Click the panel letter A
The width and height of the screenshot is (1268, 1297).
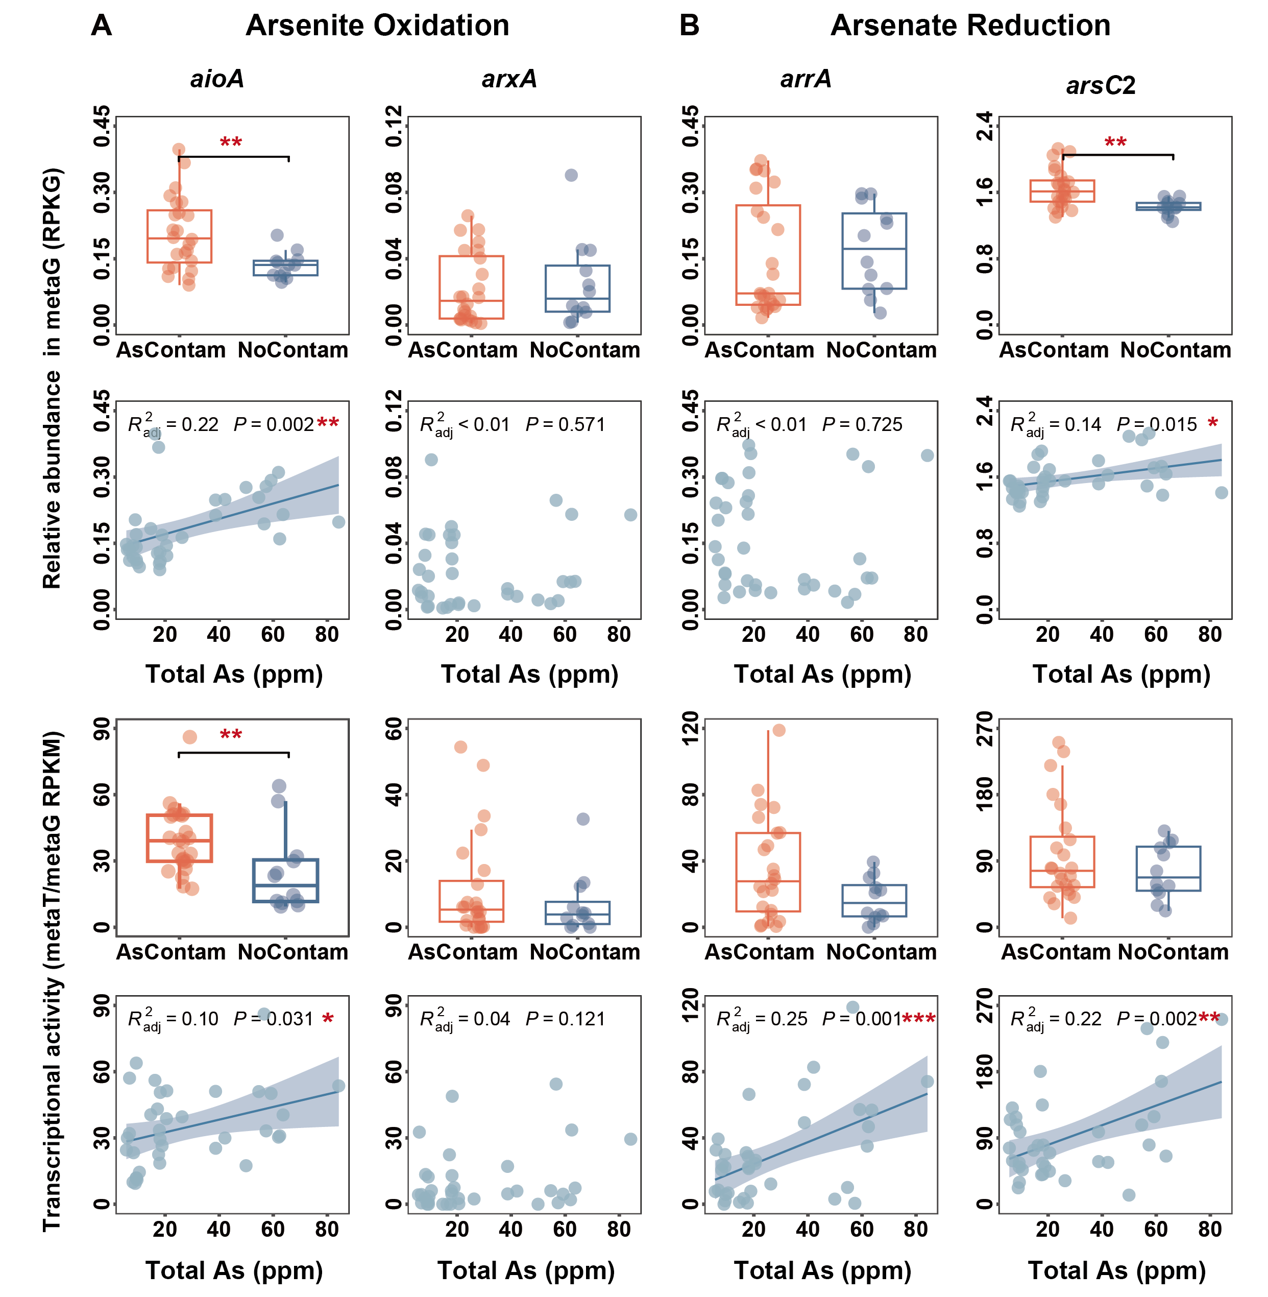pyautogui.click(x=101, y=26)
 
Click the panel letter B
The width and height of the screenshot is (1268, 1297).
pyautogui.click(x=689, y=26)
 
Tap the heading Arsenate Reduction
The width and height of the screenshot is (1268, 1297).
pyautogui.click(x=970, y=26)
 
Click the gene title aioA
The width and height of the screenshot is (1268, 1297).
pyautogui.click(x=217, y=79)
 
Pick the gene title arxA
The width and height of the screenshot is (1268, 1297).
pyautogui.click(x=509, y=79)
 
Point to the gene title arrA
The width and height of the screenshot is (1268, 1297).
pyautogui.click(x=806, y=79)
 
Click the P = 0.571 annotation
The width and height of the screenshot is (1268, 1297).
pyautogui.click(x=566, y=424)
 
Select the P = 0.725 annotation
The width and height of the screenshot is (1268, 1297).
pyautogui.click(x=862, y=424)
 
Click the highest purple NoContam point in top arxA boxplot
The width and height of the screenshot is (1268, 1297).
pyautogui.click(x=571, y=175)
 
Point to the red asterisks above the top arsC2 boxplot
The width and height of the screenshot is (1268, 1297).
pyautogui.click(x=1115, y=142)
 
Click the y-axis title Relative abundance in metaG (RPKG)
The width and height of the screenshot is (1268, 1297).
pyautogui.click(x=52, y=378)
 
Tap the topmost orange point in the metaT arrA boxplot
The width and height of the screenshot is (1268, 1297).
pyautogui.click(x=778, y=730)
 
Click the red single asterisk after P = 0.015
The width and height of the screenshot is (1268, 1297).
pyautogui.click(x=1213, y=423)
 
